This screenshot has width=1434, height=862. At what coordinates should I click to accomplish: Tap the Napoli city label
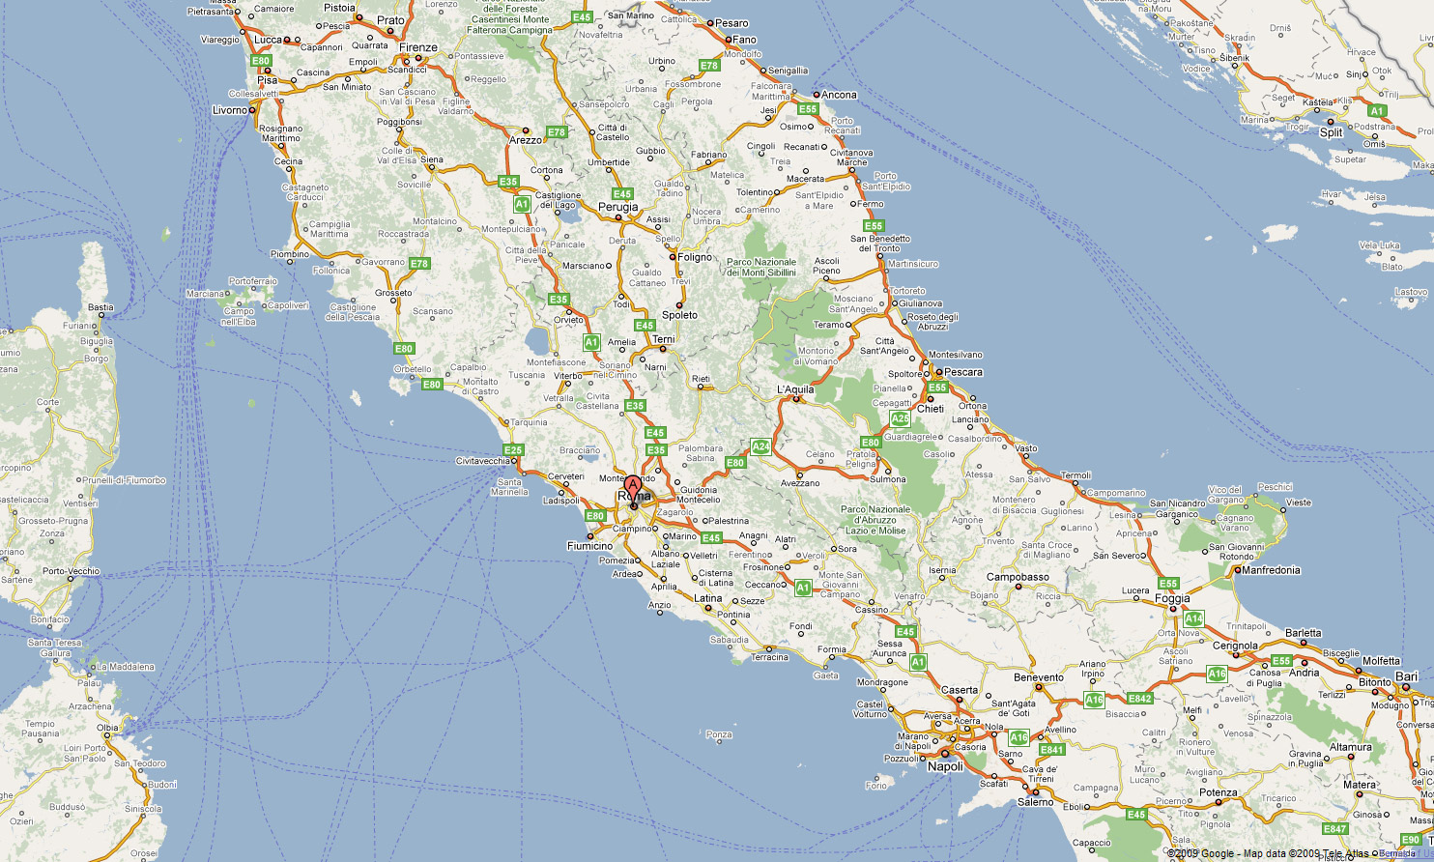(945, 766)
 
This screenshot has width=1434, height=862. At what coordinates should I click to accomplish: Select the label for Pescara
(962, 372)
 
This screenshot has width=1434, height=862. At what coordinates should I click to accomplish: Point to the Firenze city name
(418, 47)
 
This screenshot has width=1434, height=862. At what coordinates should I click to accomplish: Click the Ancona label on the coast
(839, 95)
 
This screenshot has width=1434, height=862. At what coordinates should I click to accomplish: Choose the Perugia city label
(618, 207)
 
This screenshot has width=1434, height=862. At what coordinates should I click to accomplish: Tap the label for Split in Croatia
(1332, 132)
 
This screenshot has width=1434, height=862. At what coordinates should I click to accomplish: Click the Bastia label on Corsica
(100, 307)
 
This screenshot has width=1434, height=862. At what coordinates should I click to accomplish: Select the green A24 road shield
(761, 446)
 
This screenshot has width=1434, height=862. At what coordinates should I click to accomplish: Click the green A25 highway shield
(900, 418)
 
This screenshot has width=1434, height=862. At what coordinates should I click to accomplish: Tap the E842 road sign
(1140, 698)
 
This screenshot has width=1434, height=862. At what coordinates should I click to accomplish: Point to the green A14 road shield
(1193, 618)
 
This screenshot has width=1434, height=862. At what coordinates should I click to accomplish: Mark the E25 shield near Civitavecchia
(513, 449)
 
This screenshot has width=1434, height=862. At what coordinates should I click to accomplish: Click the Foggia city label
(1173, 598)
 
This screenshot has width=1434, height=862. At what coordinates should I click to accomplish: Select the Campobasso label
(1018, 577)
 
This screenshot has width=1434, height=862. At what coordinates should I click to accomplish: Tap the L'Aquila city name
(795, 390)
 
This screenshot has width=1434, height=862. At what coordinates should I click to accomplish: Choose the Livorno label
(230, 110)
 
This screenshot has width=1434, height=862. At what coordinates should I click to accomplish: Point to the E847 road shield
(1334, 828)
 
